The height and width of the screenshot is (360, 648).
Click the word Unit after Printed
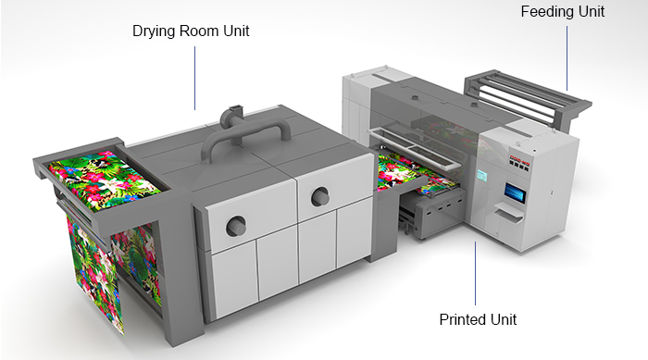[x=503, y=319]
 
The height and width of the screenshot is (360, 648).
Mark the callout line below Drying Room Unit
[x=195, y=79]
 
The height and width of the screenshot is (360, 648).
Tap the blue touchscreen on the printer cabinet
[x=516, y=192]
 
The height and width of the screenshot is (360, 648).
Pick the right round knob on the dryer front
[x=320, y=195]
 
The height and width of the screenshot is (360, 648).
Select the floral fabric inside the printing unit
[x=406, y=168]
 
